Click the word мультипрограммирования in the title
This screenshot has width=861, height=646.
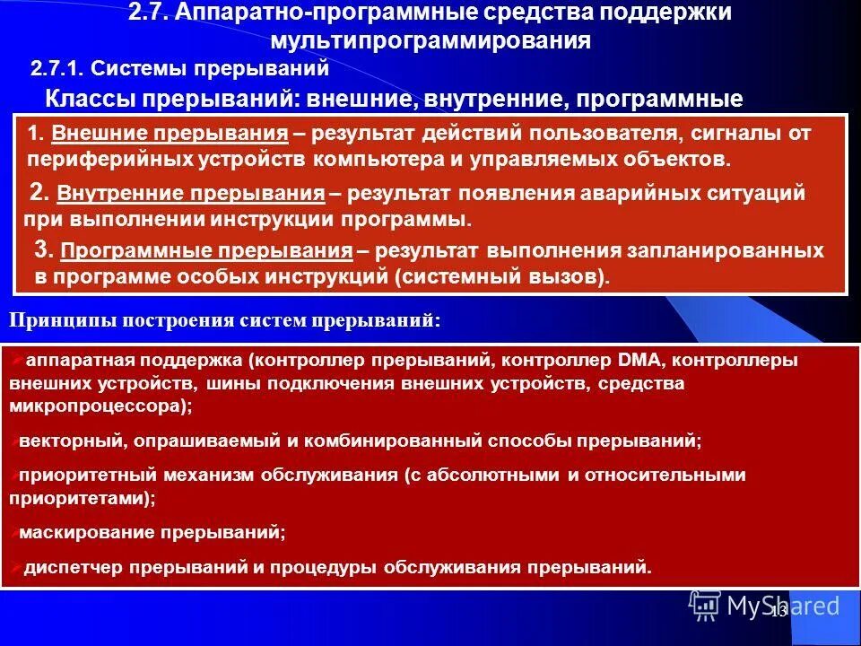[x=430, y=40]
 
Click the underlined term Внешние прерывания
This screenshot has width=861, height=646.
[x=170, y=135]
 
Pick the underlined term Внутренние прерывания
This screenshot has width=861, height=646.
[x=190, y=193]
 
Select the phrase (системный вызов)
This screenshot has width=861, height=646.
[x=500, y=277]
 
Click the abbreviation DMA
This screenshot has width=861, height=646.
[x=638, y=361]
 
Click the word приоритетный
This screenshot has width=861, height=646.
[x=78, y=475]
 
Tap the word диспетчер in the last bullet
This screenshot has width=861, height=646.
[x=74, y=568]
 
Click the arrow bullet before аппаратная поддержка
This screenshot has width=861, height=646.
[x=19, y=359]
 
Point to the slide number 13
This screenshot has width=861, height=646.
[x=778, y=611]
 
